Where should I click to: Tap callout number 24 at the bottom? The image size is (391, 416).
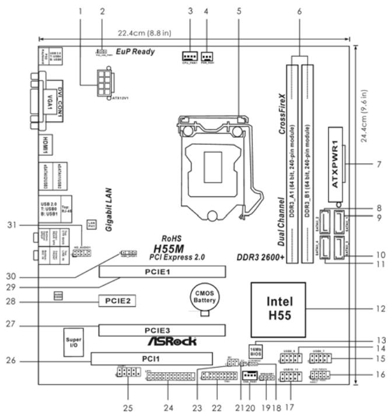pyautogui.click(x=170, y=407)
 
